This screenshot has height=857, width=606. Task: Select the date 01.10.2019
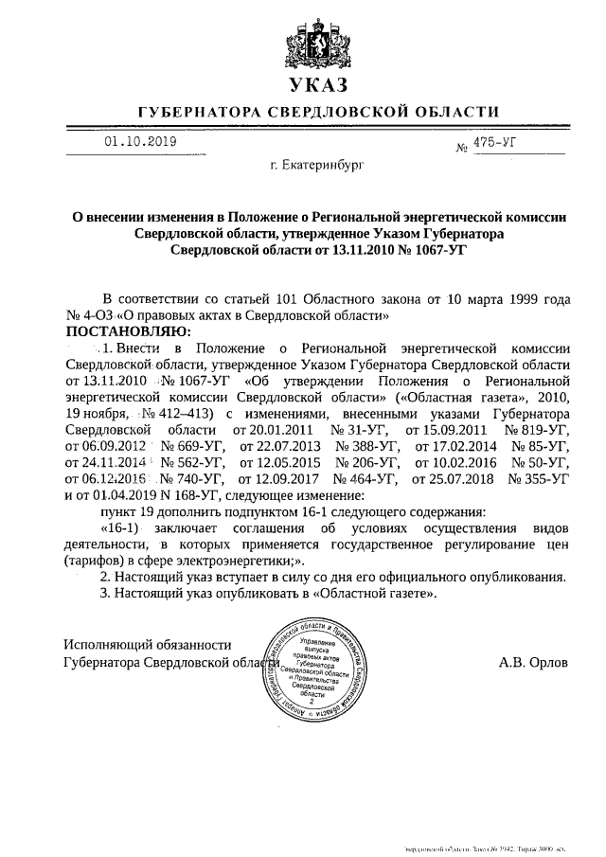[x=139, y=141]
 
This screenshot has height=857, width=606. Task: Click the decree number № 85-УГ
[x=540, y=445]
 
